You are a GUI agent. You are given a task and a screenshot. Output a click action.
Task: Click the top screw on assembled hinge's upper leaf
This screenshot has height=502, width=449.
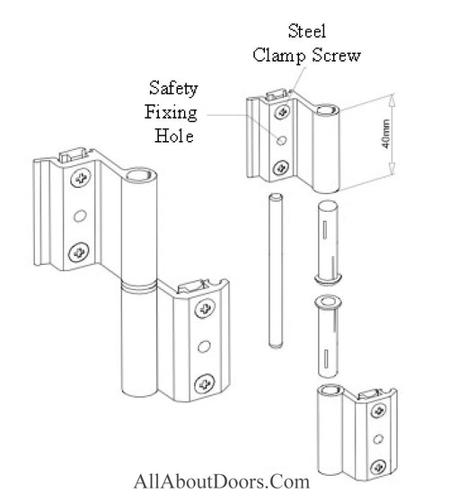(x=82, y=178)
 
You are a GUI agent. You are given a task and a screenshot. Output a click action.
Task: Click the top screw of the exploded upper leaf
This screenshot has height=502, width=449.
(x=284, y=111)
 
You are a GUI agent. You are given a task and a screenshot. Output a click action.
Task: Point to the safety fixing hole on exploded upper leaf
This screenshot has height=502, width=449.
(x=283, y=140)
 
